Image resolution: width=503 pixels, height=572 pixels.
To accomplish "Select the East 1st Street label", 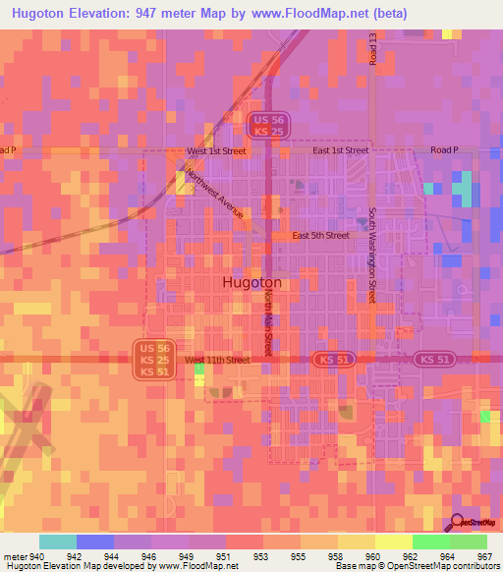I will tap(340, 150).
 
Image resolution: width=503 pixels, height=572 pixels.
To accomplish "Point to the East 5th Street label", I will tap(320, 236).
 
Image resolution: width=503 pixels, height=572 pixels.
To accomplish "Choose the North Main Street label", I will tap(267, 328).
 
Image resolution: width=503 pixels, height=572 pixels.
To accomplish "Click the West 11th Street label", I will tap(217, 361).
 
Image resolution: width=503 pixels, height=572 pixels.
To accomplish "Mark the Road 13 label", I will tap(374, 50).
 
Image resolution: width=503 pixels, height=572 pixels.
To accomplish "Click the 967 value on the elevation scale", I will tap(483, 555).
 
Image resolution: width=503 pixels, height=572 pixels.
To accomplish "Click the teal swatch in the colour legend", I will tap(57, 542).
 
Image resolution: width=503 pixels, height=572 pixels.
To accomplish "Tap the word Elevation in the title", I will tap(104, 14).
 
